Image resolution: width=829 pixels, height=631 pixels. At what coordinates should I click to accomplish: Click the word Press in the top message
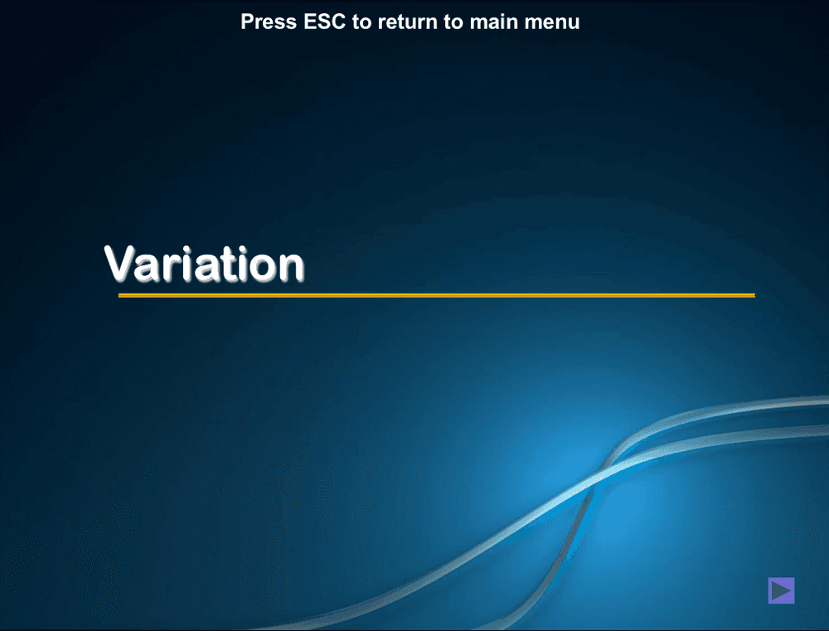click(268, 22)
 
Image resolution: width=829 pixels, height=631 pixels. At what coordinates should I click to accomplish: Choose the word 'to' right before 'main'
click(453, 22)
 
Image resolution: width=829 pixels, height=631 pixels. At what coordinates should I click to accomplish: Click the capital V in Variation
click(121, 263)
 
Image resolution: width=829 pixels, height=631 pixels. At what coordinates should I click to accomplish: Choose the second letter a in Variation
click(199, 267)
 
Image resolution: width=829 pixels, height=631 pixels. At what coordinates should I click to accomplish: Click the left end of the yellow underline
click(120, 295)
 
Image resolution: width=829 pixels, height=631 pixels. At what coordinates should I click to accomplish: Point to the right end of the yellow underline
click(754, 295)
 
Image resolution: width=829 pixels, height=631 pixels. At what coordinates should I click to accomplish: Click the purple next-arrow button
click(781, 590)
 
